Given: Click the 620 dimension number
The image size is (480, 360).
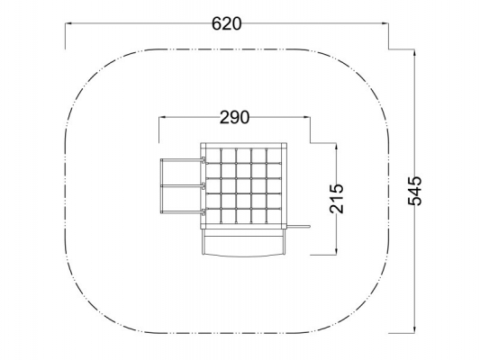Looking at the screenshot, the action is [x=227, y=24].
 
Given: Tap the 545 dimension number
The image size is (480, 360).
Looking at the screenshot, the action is [x=415, y=191].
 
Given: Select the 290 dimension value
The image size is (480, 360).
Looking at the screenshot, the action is [x=234, y=118].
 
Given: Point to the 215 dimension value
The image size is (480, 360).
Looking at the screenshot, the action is [x=337, y=199].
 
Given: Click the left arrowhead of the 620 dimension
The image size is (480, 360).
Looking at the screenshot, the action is [x=68, y=22].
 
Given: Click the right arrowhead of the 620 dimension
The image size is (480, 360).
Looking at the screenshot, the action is [x=385, y=22].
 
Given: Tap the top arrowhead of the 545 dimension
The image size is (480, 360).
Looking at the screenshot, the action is [x=414, y=52].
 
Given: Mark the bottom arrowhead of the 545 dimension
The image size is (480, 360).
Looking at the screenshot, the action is [x=414, y=329].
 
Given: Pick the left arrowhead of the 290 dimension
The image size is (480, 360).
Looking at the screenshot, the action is [x=162, y=117].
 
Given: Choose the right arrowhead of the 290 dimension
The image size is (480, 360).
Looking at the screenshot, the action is [x=306, y=117].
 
